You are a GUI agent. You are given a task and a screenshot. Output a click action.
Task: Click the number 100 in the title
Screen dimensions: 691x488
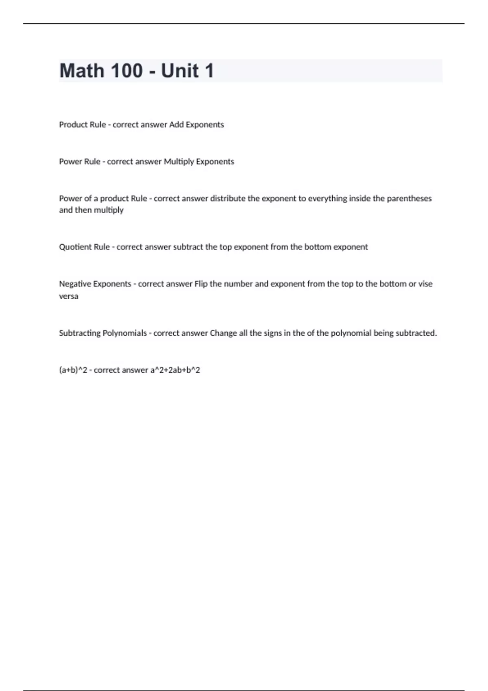coord(126,71)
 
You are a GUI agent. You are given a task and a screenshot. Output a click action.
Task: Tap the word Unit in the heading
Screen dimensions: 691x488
coord(180,71)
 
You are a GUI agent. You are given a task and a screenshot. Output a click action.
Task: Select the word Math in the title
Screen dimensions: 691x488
coord(82,71)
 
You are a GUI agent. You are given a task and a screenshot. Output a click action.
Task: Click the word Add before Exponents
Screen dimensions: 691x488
coord(176,124)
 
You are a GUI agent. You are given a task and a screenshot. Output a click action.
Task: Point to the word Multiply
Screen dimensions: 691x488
coord(179,162)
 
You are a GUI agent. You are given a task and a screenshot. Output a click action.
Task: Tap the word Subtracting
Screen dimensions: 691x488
coord(80,333)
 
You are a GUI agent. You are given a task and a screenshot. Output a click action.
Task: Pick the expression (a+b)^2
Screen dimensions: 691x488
coord(73,370)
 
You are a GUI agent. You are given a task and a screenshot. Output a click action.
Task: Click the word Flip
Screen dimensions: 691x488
coord(201,284)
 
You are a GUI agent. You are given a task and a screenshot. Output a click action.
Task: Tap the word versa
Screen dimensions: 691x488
coord(69,296)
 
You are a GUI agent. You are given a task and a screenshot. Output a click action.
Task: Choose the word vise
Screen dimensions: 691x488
coord(425,284)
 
